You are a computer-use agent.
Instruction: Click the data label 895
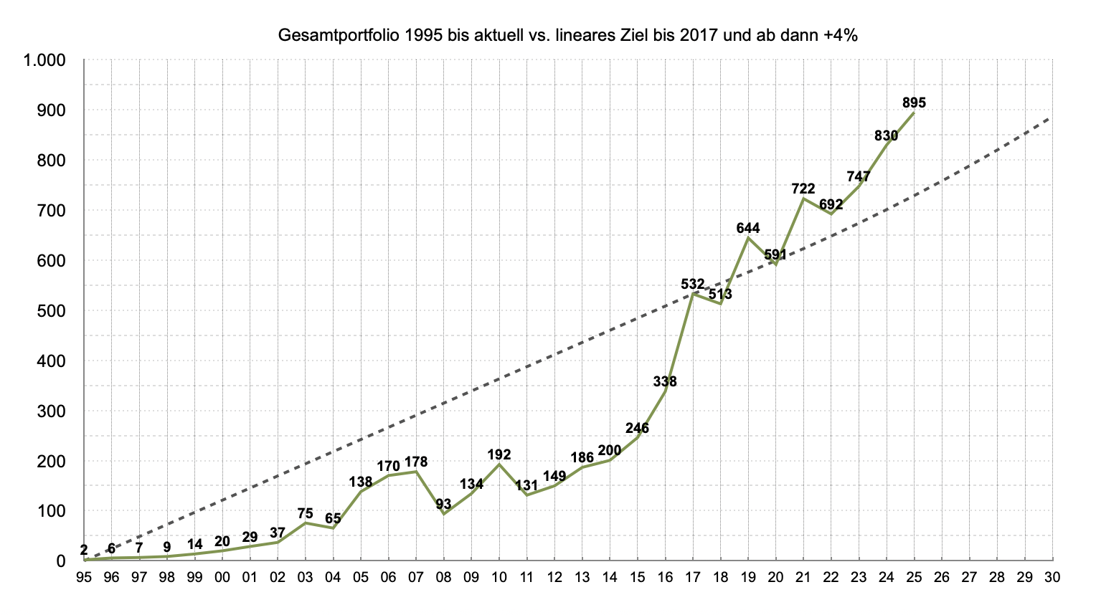[914, 103]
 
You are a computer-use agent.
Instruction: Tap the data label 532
[693, 285]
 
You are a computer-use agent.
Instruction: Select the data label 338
[665, 381]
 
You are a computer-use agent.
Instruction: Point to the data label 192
[499, 454]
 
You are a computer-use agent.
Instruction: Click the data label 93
[443, 504]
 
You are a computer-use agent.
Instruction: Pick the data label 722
[803, 189]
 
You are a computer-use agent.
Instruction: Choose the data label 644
[748, 229]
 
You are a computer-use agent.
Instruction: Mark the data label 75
[305, 513]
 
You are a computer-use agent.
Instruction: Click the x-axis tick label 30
[1052, 576]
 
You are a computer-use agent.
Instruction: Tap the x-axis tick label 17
[693, 576]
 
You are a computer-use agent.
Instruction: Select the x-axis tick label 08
[443, 576]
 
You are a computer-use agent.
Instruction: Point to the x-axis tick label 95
[84, 576]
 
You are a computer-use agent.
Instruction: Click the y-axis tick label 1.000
[44, 61]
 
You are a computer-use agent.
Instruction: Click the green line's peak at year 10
[499, 464]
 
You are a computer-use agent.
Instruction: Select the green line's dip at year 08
[443, 514]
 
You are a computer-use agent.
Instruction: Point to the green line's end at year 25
[914, 113]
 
